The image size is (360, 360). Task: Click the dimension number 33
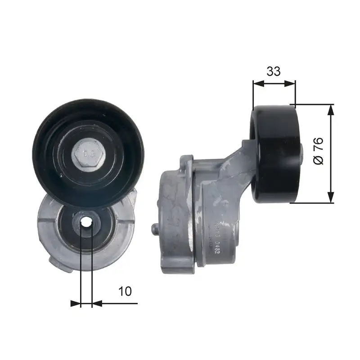[273, 71]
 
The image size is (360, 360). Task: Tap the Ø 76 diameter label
[318, 151]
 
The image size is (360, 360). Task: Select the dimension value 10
[125, 291]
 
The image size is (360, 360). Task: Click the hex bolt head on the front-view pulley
[87, 155]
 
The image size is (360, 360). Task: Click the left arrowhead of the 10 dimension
[76, 303]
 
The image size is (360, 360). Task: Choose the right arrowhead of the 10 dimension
[96, 303]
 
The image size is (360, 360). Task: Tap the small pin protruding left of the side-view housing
[155, 229]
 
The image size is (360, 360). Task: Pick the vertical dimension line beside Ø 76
[331, 135]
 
